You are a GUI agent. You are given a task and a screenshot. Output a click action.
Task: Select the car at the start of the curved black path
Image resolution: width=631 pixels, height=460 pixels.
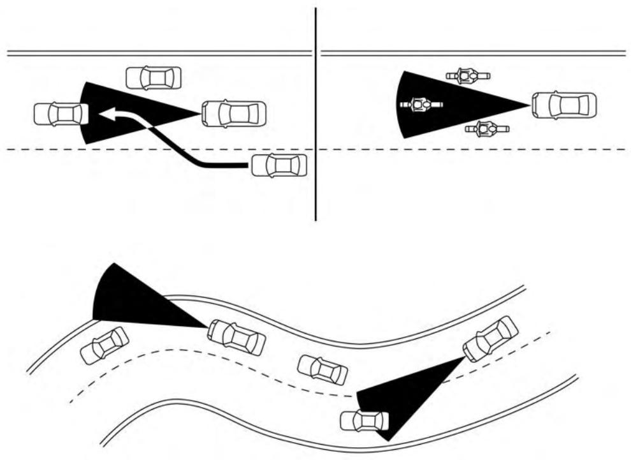(x=279, y=165)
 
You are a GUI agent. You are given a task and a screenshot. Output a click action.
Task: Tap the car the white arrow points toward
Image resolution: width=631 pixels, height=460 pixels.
(x=61, y=114)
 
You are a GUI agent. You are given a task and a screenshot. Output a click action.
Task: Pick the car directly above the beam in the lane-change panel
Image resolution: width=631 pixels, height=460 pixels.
(x=154, y=78)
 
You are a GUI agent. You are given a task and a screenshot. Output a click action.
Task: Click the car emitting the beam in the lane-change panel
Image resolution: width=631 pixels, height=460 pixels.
(x=233, y=114)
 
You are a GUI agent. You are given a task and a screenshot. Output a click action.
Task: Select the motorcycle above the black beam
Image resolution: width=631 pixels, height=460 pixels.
(x=468, y=77)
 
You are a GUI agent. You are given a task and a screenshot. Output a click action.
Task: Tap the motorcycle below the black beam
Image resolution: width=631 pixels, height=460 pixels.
(x=487, y=130)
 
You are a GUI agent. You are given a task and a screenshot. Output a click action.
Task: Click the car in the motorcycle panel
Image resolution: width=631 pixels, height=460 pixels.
(x=564, y=105)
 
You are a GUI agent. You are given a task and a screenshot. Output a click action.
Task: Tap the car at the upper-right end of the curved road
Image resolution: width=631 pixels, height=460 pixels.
(x=490, y=338)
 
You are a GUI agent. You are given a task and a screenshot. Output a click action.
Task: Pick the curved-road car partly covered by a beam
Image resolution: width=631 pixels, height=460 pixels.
(x=365, y=420)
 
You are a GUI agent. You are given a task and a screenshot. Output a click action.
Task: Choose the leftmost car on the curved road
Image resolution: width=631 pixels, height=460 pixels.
(x=105, y=345)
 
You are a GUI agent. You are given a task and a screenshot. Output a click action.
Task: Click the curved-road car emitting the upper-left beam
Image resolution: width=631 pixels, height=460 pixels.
(x=236, y=337)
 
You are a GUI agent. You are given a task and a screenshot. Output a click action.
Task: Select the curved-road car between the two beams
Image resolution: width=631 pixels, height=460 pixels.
(x=323, y=369)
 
